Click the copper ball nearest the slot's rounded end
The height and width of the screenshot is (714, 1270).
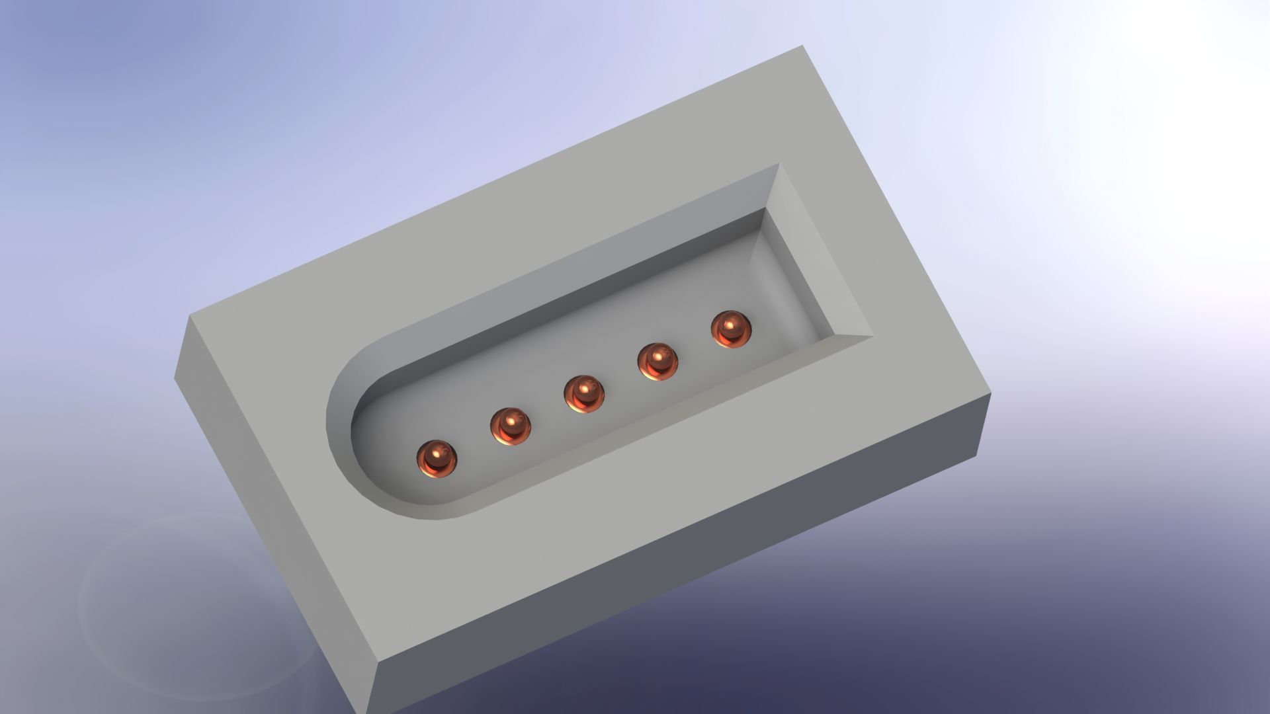point(437,457)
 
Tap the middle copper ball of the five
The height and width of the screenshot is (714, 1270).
point(585,394)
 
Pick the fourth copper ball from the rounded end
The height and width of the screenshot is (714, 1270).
point(658,362)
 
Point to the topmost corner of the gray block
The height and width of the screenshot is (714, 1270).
point(803,46)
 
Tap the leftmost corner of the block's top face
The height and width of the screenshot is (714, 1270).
point(190,315)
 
